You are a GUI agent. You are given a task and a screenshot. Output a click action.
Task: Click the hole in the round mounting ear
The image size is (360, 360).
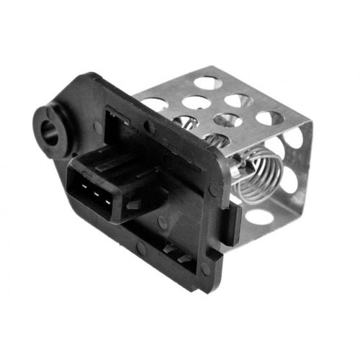(50, 132)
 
